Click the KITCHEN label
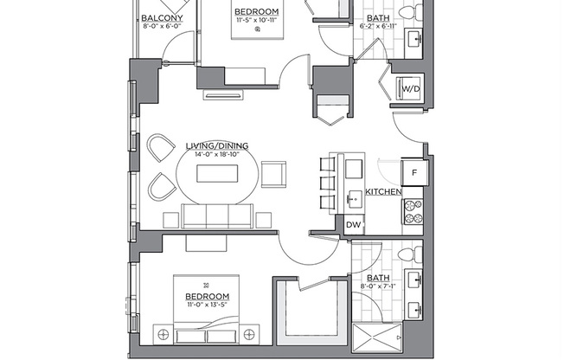(x=381, y=191)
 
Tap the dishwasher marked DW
(x=353, y=224)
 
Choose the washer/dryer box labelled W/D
(x=409, y=87)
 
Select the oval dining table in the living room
(x=217, y=175)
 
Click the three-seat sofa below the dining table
(x=217, y=215)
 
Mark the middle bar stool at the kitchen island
(x=329, y=183)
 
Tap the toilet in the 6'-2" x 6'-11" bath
(x=419, y=12)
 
